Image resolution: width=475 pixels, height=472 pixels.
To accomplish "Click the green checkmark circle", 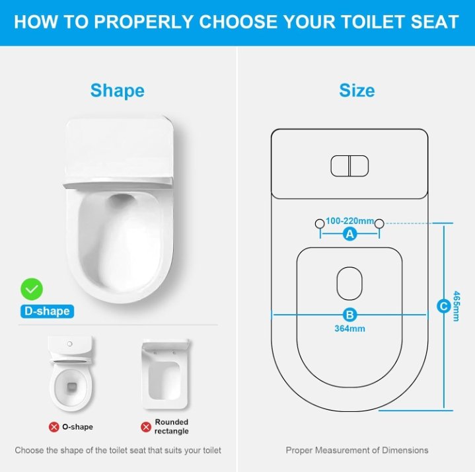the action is [32, 289].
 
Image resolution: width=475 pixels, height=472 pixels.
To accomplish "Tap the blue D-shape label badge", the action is [47, 311].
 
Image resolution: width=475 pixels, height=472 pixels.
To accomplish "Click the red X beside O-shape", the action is [54, 427].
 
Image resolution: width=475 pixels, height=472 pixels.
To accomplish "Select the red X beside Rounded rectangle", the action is [146, 427].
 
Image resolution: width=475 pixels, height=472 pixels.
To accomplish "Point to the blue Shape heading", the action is [118, 91].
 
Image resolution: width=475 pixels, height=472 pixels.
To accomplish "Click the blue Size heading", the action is [357, 91].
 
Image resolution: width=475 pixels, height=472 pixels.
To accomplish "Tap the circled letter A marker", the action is [350, 234].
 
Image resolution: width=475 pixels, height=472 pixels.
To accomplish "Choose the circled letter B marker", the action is [349, 315].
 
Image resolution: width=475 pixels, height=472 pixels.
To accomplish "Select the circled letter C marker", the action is [444, 306].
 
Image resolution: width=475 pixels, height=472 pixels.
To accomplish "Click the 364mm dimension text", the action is [349, 329].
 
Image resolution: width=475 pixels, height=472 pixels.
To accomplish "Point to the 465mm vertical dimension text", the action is [456, 306].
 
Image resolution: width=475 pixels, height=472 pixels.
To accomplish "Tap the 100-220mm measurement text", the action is [349, 221].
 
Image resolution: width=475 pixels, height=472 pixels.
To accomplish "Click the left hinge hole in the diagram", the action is [320, 223].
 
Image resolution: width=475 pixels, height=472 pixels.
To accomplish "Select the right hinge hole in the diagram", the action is [379, 223].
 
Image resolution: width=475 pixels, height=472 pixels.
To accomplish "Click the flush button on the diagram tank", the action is [349, 166].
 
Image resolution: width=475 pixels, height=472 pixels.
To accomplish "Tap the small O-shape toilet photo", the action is [71, 374].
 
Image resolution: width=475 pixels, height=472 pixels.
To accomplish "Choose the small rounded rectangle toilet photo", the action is [165, 374].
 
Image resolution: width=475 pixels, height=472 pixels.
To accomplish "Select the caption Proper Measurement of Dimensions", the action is [357, 450].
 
